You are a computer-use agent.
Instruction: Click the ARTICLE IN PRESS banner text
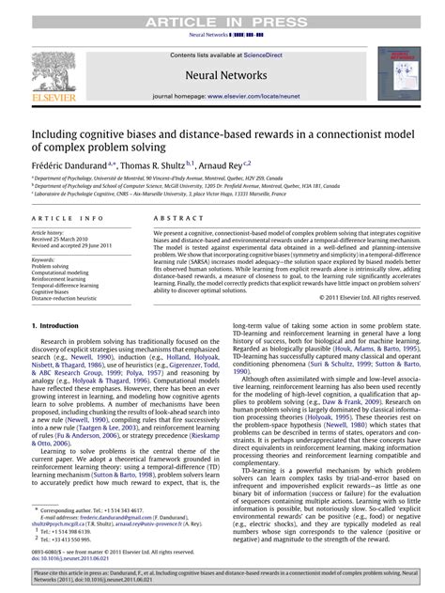pos(222,7)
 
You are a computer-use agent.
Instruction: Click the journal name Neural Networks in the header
pos(222,70)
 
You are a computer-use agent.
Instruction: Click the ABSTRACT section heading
pos(172,217)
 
